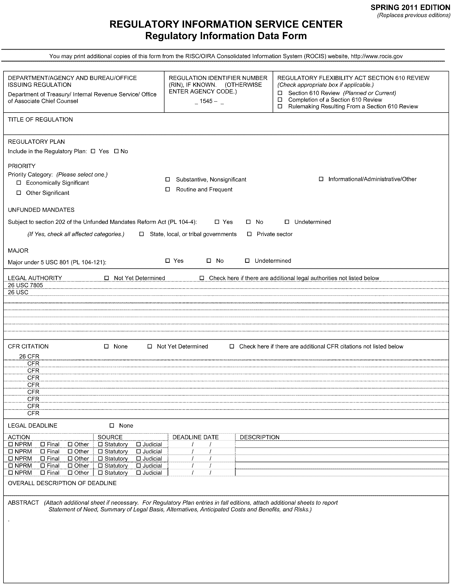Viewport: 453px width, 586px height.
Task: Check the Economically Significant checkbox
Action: (19, 183)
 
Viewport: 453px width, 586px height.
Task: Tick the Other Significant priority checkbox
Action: (19, 193)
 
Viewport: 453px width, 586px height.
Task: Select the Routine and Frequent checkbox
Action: (167, 189)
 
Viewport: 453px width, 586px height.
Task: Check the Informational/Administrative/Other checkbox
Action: (321, 179)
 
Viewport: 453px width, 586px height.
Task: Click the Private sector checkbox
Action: (249, 234)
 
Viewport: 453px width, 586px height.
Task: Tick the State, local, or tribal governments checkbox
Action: (141, 234)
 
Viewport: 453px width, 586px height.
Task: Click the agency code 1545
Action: (206, 101)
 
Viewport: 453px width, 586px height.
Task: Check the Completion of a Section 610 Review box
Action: (280, 100)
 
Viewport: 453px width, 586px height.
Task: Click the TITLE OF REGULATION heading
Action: (40, 120)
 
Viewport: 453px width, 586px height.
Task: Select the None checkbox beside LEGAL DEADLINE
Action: (112, 426)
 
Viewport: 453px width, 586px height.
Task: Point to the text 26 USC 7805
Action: (25, 285)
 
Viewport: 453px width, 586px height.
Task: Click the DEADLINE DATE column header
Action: (195, 437)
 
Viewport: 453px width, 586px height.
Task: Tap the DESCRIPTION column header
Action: (259, 437)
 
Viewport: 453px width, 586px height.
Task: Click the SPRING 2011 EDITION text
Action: (410, 7)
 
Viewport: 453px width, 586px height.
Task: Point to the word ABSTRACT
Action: (23, 502)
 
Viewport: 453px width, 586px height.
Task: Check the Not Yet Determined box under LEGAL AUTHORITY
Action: (106, 278)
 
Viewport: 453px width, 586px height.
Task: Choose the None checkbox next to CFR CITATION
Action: (106, 346)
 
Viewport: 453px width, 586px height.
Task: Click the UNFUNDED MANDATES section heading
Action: (41, 210)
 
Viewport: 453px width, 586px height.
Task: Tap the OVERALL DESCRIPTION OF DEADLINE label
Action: (62, 483)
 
